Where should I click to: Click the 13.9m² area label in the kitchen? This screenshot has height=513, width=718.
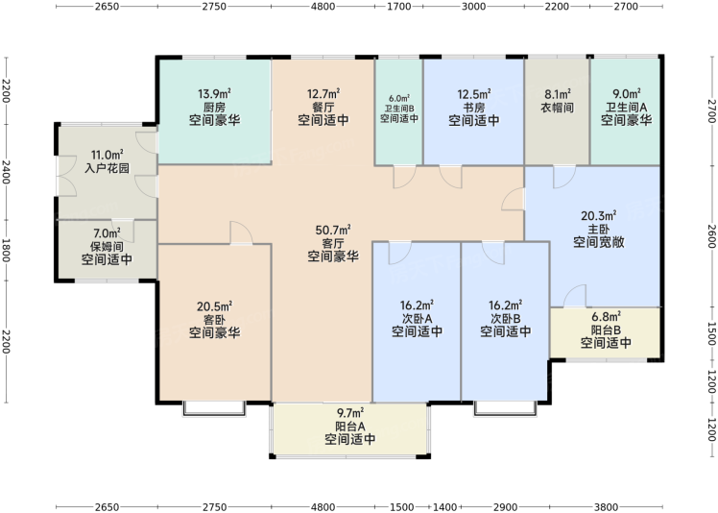click(x=214, y=94)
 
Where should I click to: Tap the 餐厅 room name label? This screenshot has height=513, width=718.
click(x=323, y=108)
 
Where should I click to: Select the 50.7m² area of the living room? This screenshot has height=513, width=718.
click(x=333, y=230)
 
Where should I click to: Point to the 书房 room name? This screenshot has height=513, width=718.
click(x=473, y=108)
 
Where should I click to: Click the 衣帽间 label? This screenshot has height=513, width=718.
click(x=558, y=108)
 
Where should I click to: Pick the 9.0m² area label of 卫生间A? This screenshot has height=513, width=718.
click(x=627, y=94)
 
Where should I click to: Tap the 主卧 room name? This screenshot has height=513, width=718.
click(x=598, y=229)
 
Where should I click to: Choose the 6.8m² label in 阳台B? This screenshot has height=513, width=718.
click(x=606, y=317)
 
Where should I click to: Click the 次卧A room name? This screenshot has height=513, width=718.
click(x=417, y=318)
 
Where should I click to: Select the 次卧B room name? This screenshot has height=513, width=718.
click(x=506, y=318)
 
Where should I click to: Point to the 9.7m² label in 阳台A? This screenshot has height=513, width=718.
click(x=350, y=413)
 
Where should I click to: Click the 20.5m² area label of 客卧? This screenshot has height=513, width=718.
click(x=214, y=306)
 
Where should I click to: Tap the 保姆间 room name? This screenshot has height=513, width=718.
click(x=107, y=247)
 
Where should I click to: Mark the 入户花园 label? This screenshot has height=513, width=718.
click(x=107, y=168)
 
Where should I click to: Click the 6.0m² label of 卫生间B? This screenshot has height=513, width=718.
click(x=399, y=98)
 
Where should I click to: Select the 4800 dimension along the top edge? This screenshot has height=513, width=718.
click(x=323, y=7)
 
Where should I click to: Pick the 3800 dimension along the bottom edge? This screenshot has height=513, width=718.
click(x=606, y=507)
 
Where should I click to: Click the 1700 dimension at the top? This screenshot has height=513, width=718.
click(x=399, y=7)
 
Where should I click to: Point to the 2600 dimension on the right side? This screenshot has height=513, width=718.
click(x=711, y=236)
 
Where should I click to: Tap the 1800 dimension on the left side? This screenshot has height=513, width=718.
click(x=6, y=251)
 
